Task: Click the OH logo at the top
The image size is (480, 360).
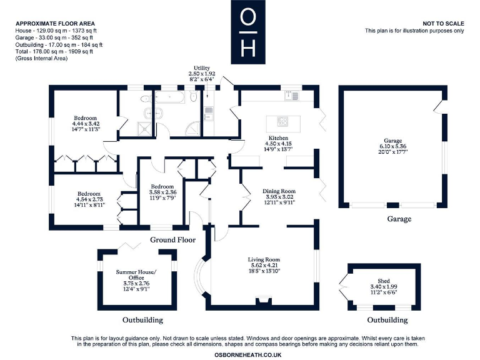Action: [x=248, y=31]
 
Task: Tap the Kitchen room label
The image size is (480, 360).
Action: [x=278, y=137]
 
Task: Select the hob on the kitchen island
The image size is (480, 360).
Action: [x=279, y=121]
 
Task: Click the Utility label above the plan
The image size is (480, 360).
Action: [x=202, y=67]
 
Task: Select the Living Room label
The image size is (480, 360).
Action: [x=264, y=259]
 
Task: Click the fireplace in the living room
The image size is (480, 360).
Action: [x=263, y=301]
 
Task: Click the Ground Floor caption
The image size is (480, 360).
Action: [x=173, y=239]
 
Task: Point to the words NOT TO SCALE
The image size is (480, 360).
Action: [x=443, y=22]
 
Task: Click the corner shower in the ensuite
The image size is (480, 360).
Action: [x=144, y=127]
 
